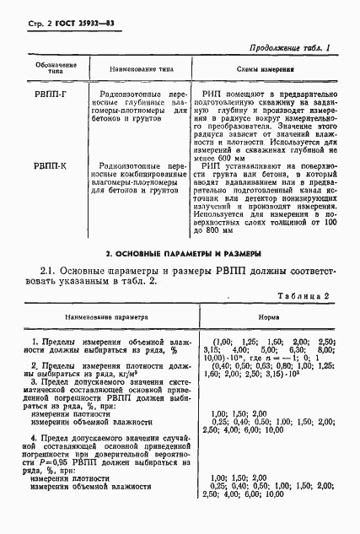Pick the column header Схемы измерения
(x=266, y=69)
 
